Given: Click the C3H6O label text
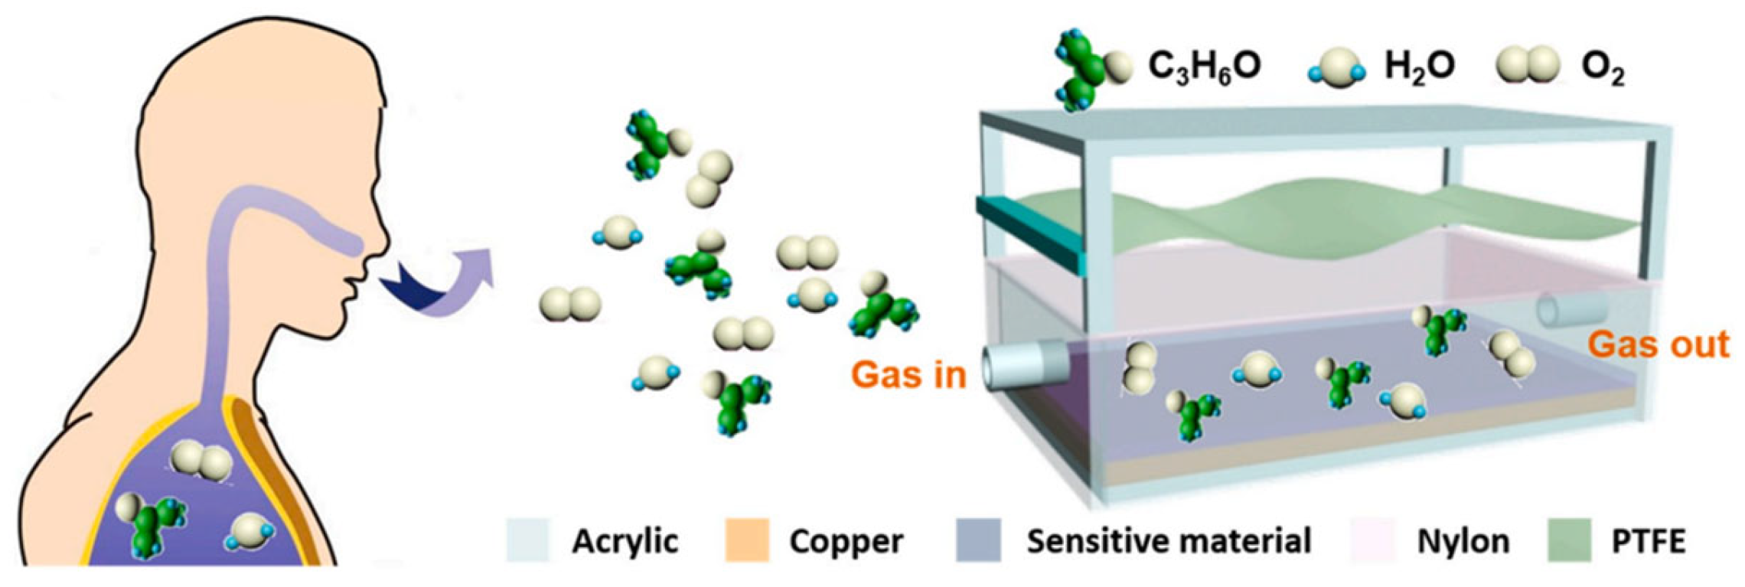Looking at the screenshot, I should pos(1204,67).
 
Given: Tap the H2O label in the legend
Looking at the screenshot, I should pos(1419,67).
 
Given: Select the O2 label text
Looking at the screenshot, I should pos(1602,69).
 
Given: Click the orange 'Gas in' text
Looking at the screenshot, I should pos(909,375).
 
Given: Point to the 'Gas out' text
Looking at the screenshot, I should pos(1659,344).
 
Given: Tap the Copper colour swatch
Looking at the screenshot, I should pos(746,540).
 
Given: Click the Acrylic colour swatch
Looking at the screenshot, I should pos(528,540).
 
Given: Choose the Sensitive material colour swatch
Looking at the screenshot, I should pos(978,540).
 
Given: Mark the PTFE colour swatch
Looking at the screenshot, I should pos(1569,540).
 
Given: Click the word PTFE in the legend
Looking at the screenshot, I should pos(1648,542).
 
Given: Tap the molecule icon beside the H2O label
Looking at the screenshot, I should pos(1336,69).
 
